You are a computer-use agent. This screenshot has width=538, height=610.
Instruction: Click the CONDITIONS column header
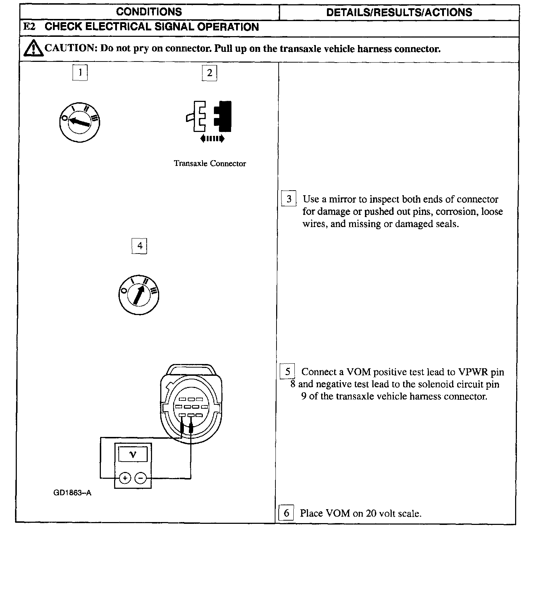(x=149, y=12)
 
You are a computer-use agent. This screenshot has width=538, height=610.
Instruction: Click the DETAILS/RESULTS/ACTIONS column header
(x=399, y=13)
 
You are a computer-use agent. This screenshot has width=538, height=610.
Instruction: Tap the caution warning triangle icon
(x=32, y=48)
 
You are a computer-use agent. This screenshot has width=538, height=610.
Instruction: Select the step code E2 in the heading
(x=29, y=27)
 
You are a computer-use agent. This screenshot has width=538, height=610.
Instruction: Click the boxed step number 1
(x=80, y=73)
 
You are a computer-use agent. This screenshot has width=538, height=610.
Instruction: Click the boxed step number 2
(x=210, y=73)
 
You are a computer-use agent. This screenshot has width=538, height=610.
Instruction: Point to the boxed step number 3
(x=289, y=199)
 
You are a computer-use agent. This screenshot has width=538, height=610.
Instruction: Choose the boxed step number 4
(x=140, y=246)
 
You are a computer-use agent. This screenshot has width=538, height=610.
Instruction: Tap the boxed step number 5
(x=288, y=372)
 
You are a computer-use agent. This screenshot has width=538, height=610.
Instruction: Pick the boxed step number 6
(x=286, y=513)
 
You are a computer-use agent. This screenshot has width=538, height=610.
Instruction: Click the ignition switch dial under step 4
(x=138, y=295)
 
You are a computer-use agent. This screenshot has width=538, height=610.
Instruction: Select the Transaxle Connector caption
(x=210, y=163)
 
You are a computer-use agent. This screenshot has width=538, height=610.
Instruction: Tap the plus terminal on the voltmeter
(x=125, y=478)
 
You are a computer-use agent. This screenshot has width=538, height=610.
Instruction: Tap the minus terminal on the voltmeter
(x=141, y=478)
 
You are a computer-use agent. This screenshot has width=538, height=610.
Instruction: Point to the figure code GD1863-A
(x=72, y=493)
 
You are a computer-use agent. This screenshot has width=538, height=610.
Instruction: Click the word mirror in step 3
(x=342, y=199)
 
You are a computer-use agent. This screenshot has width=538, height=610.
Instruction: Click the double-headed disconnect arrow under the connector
(x=212, y=138)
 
